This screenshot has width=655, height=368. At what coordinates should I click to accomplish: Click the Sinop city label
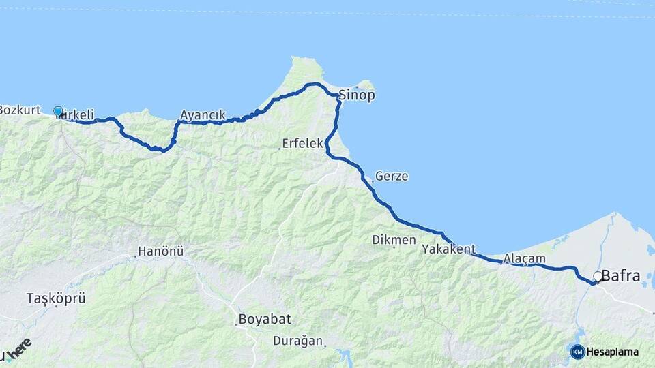click(x=357, y=95)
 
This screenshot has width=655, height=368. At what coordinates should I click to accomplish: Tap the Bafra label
click(x=621, y=276)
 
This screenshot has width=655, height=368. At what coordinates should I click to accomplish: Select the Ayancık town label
click(x=203, y=114)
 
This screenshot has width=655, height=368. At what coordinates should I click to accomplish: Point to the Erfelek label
click(x=304, y=144)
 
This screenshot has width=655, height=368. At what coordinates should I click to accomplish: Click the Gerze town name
click(x=392, y=177)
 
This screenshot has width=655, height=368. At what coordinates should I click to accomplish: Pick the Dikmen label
click(x=394, y=239)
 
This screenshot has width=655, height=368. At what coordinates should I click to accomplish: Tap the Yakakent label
click(x=448, y=249)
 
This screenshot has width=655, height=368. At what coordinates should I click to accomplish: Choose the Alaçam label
click(x=525, y=258)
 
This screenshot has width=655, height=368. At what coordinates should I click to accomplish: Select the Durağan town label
click(x=299, y=340)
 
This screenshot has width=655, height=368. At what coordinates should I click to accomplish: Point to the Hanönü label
click(x=161, y=251)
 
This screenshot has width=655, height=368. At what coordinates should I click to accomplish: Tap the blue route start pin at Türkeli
click(x=58, y=112)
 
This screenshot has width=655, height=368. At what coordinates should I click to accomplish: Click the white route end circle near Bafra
click(x=598, y=276)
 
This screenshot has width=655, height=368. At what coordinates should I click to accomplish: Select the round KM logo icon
click(x=577, y=352)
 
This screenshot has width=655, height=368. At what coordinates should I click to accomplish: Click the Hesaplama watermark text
click(x=612, y=352)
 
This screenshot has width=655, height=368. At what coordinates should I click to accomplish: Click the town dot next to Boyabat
click(x=236, y=324)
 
